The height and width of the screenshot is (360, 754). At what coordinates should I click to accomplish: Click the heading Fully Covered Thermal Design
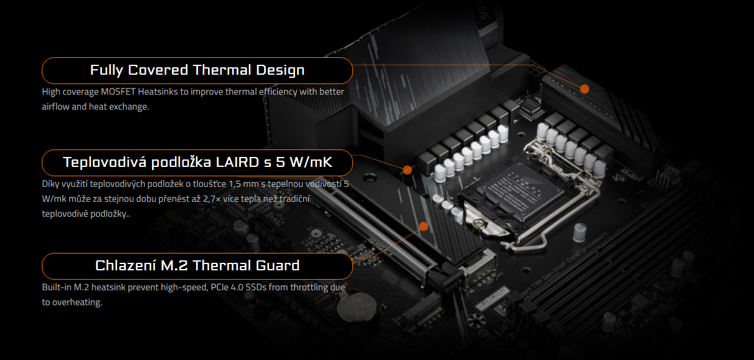point(197,70)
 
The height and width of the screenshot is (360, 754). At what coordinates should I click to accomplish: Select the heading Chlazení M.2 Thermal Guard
point(197,265)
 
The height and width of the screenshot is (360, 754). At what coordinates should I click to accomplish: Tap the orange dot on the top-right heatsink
point(585,89)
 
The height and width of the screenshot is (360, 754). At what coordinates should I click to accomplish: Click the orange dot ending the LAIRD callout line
point(407,169)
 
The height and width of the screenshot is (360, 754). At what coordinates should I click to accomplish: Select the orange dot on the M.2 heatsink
point(424,226)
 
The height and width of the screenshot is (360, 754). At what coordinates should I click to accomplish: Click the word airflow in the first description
point(56,107)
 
